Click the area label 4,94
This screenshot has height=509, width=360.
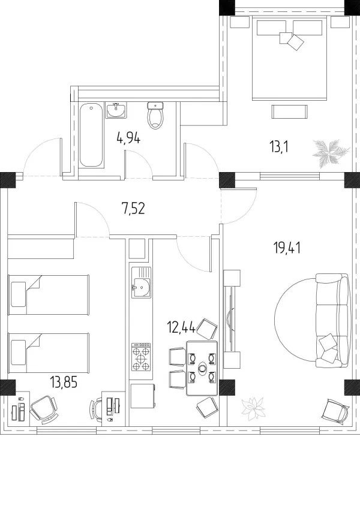pyautogui.click(x=128, y=139)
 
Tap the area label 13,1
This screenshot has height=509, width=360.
pyautogui.click(x=279, y=147)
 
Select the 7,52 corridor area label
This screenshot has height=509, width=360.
pyautogui.click(x=133, y=209)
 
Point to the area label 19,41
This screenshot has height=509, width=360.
pyautogui.click(x=287, y=248)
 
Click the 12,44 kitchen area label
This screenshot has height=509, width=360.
pyautogui.click(x=181, y=327)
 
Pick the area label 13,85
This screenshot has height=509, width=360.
pyautogui.click(x=64, y=382)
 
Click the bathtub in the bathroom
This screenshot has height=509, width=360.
pyautogui.click(x=91, y=135)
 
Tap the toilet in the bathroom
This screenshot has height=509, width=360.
pyautogui.click(x=155, y=115)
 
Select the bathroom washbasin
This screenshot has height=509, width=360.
pyautogui.click(x=116, y=110)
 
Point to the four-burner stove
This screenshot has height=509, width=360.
pyautogui.click(x=142, y=357)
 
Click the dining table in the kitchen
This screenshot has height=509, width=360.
pyautogui.click(x=202, y=368)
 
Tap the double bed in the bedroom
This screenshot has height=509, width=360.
pyautogui.click(x=289, y=58)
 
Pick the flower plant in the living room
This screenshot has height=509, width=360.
pyautogui.click(x=253, y=406)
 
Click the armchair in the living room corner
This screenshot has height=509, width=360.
pyautogui.click(x=336, y=411)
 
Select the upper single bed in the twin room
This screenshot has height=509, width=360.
pyautogui.click(x=49, y=295)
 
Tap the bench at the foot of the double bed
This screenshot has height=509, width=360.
pyautogui.click(x=289, y=112)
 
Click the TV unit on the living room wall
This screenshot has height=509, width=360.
pyautogui.click(x=231, y=319)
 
